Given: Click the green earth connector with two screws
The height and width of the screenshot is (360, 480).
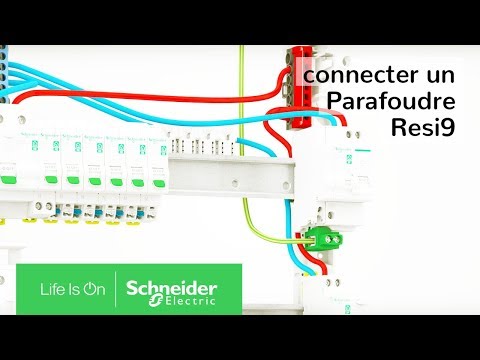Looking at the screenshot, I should pos(321,236).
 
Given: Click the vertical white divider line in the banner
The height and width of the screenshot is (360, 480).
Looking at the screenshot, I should pos(116,289).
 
